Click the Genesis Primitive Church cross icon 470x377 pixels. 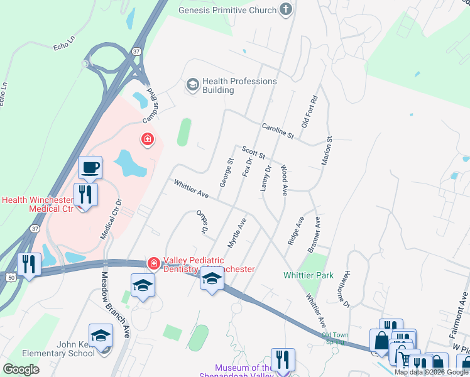pos(287,9)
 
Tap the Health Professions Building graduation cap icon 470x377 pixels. pos(192,84)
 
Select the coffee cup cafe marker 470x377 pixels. pos(90,168)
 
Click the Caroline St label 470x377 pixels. pos(278,131)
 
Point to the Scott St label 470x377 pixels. pos(254,152)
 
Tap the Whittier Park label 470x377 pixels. pos(308,275)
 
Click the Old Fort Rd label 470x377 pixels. pos(310,112)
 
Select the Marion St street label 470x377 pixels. pos(327,151)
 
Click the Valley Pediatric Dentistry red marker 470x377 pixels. pos(153,262)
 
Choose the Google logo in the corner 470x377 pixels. pos(21,369)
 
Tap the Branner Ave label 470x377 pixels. pos(314,235)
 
